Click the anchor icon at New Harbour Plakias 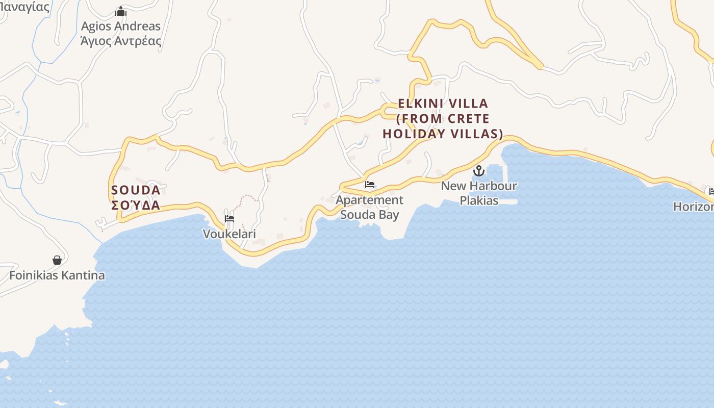(478, 171)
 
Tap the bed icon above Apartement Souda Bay (370, 185)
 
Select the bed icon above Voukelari (229, 219)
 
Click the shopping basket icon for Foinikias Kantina (57, 261)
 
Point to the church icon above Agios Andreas (121, 11)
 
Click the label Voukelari (229, 234)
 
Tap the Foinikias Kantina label (57, 275)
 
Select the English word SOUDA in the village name (136, 190)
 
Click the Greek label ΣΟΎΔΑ (136, 206)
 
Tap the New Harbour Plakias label (479, 193)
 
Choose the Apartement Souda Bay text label (369, 207)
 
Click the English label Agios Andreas (121, 26)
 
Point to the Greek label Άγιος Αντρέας (121, 41)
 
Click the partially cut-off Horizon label (694, 207)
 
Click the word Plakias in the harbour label (479, 200)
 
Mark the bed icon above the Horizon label (711, 192)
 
